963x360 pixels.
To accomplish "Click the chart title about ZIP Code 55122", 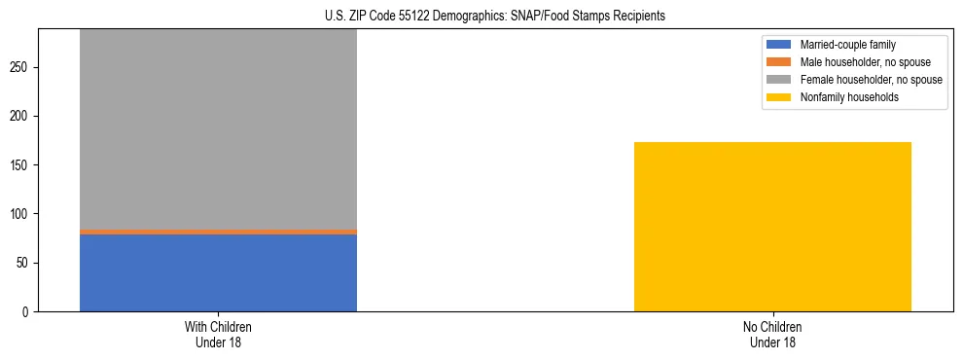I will click(x=495, y=16).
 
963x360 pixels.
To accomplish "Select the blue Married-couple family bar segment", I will click(x=218, y=272).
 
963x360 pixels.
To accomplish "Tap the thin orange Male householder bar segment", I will click(x=218, y=232).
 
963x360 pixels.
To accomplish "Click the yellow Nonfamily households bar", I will click(x=772, y=227).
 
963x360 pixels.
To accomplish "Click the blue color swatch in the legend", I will click(x=779, y=45).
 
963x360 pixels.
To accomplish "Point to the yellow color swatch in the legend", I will click(x=779, y=97).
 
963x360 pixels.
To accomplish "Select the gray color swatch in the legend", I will click(x=779, y=80).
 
